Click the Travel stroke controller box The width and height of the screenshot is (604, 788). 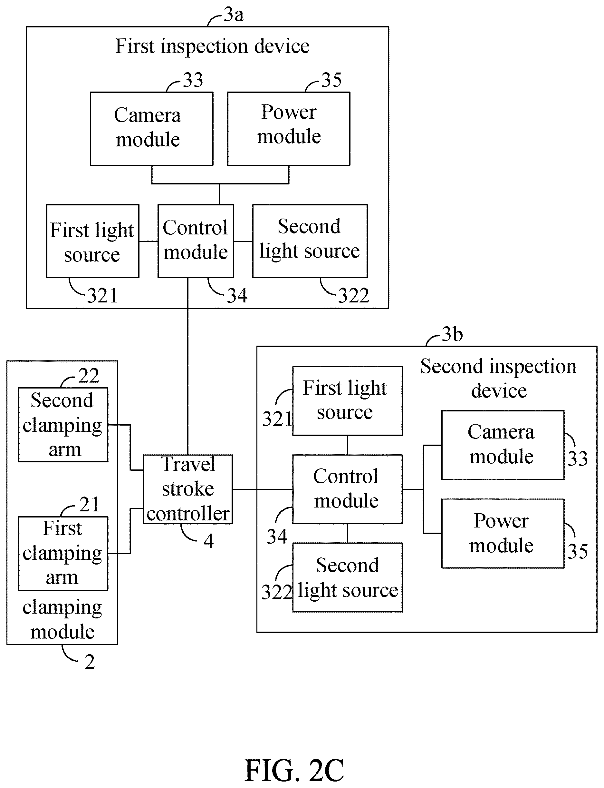click(x=188, y=489)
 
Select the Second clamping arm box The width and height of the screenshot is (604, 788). click(x=63, y=425)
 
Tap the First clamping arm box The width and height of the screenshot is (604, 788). click(x=63, y=553)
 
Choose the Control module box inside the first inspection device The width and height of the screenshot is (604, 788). click(x=196, y=241)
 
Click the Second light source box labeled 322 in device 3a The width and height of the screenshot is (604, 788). click(x=310, y=241)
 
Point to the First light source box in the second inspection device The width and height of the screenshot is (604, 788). click(x=347, y=401)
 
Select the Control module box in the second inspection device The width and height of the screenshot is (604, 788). click(x=347, y=489)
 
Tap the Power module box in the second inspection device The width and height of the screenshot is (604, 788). click(x=503, y=533)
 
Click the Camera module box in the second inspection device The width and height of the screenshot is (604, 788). click(x=503, y=445)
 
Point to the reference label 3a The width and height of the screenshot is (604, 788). click(x=234, y=15)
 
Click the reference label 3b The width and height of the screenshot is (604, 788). click(x=452, y=334)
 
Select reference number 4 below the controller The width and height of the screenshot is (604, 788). click(x=208, y=541)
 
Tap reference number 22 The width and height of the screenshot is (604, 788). click(x=89, y=376)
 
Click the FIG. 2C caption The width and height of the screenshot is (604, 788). click(x=294, y=770)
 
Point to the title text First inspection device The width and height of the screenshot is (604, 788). click(x=212, y=46)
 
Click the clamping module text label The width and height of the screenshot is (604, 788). click(x=62, y=620)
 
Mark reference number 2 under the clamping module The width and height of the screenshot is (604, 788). click(x=90, y=662)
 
